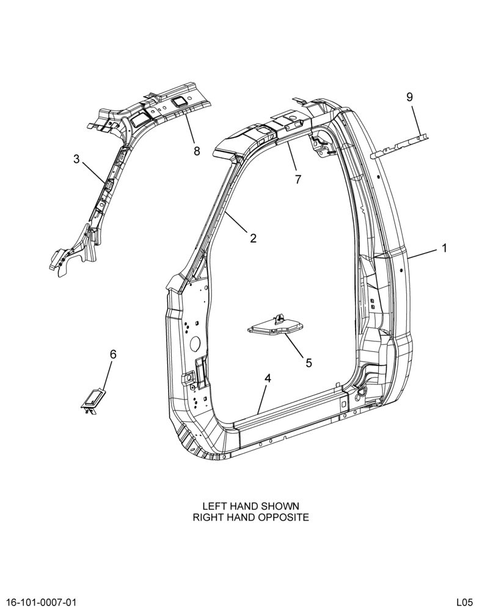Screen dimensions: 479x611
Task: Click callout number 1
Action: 444,248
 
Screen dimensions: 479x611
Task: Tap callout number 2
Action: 254,238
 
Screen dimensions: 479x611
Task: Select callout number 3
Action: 76,159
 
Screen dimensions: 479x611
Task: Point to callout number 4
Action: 268,378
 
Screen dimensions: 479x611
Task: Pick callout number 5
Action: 309,363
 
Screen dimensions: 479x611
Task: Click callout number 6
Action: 113,354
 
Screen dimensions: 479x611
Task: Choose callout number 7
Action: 298,180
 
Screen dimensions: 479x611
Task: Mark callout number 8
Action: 197,151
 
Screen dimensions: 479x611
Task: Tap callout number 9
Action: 409,97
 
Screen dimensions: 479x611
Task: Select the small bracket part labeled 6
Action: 93,400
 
